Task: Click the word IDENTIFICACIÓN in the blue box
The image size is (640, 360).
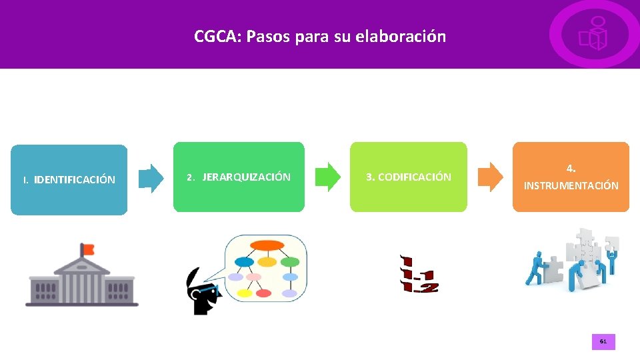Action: point(75,180)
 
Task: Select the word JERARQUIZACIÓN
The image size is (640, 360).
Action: point(246,177)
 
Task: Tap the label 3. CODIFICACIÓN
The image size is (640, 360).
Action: point(409,177)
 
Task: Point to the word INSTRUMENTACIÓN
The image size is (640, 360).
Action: point(571,186)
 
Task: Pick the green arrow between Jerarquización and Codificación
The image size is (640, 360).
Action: point(327,177)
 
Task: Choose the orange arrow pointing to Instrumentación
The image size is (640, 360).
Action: point(491,177)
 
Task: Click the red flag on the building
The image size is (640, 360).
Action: point(87,249)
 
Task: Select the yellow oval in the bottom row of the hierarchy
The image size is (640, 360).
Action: point(245,293)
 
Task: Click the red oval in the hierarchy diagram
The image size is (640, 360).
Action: point(265,293)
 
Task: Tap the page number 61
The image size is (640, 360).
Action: point(603,341)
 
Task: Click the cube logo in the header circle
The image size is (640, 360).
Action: point(593,35)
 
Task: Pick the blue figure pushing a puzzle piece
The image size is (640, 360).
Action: point(536,268)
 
